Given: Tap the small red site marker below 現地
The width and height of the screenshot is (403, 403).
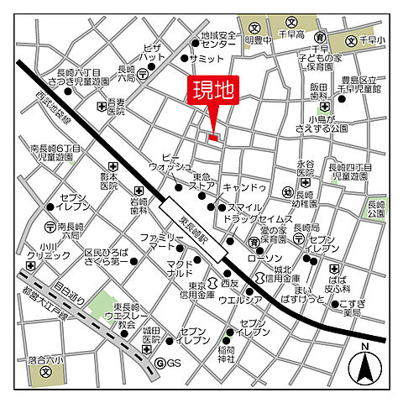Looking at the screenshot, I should click(213, 137).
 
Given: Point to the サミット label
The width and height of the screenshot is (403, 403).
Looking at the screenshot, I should click(207, 59).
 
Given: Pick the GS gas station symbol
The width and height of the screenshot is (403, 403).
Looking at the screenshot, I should click(168, 363).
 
